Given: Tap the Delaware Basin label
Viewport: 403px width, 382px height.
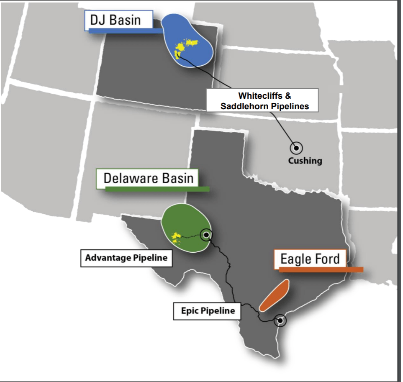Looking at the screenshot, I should click(x=148, y=178).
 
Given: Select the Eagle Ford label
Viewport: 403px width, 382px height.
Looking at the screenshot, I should click(x=309, y=259).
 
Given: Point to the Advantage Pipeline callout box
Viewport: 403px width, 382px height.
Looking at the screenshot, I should click(x=126, y=258).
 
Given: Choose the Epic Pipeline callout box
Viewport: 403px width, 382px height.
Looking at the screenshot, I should click(x=208, y=311).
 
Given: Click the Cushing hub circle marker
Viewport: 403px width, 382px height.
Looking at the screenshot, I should click(x=296, y=148).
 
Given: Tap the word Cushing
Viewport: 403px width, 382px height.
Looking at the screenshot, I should click(x=305, y=160).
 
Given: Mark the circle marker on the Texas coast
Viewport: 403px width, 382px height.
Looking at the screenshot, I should click(x=280, y=321).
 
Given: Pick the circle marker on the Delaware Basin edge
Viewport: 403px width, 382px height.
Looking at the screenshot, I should click(x=206, y=235).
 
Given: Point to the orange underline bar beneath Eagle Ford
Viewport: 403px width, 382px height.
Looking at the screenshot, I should click(x=321, y=270).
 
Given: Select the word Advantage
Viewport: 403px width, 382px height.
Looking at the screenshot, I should click(x=108, y=258).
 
